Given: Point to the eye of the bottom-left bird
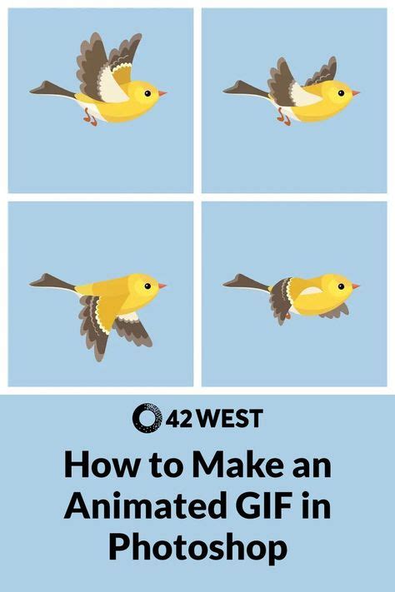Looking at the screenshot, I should coord(147,286).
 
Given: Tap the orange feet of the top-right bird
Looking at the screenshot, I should coord(284,118).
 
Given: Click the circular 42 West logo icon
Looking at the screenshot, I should coord(147,417).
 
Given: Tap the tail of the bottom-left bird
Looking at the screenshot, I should coord(52,281).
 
